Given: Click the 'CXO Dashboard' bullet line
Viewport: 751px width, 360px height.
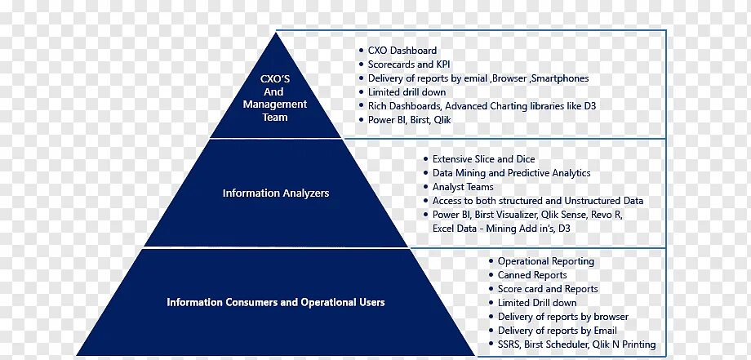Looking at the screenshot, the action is click(402, 51).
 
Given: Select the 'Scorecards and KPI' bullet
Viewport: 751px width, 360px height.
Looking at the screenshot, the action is click(409, 64).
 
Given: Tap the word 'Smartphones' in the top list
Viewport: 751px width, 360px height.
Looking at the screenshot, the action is click(559, 78).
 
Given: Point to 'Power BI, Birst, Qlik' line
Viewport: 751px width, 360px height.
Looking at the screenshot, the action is click(409, 120).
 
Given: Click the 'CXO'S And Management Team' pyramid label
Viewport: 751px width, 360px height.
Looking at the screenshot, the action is click(274, 98).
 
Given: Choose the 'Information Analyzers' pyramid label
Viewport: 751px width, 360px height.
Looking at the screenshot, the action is click(276, 193).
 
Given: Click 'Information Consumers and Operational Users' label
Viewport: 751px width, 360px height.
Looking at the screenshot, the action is click(276, 302).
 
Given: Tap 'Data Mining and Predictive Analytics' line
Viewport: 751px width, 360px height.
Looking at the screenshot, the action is click(511, 173).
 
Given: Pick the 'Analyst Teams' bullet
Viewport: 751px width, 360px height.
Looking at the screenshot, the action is click(463, 187).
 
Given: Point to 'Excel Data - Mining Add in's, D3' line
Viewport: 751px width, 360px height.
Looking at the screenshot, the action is click(501, 229).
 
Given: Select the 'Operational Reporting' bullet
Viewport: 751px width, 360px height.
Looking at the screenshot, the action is click(545, 261).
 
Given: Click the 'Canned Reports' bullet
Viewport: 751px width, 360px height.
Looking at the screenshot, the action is click(532, 275).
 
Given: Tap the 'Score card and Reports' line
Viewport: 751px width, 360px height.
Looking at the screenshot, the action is click(548, 289).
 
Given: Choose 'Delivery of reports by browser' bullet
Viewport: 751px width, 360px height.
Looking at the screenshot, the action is click(562, 317).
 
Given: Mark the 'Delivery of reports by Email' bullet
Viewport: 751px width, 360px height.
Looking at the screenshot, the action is click(557, 331).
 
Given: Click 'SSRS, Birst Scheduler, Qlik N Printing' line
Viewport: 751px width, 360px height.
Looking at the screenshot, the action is click(576, 344).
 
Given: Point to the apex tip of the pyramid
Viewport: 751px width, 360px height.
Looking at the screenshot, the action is click(275, 33).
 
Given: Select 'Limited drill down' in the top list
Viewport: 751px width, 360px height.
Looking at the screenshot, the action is click(407, 92).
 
